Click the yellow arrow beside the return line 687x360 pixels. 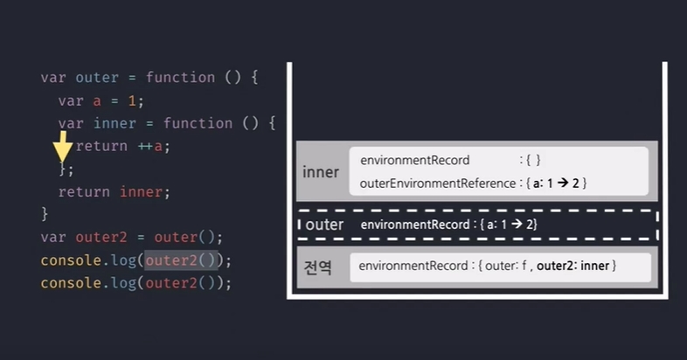[62, 149]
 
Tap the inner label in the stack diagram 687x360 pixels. [320, 172]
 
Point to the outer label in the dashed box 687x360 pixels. [324, 225]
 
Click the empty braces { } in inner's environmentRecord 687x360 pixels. [533, 161]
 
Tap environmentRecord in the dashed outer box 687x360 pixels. [414, 225]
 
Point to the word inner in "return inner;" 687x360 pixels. [141, 191]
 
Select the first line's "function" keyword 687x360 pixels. [180, 78]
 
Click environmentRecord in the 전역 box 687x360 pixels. [413, 266]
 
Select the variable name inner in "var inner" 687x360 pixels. [114, 123]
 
